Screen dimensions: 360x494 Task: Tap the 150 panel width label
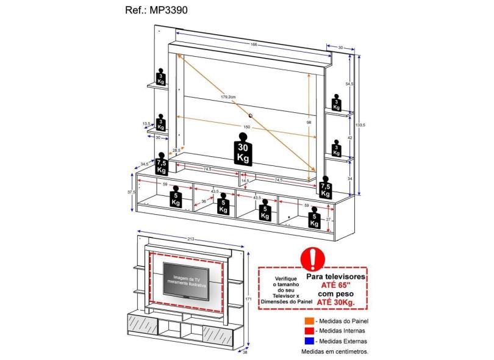pos(246,127)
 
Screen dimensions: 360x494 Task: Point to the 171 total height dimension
pos(249,299)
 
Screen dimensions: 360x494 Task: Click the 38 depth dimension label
pos(245,351)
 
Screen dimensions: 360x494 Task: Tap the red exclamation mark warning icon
pos(314,258)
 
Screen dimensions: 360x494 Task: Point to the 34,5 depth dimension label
pos(144,164)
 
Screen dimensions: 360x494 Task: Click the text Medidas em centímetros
pos(335,352)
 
